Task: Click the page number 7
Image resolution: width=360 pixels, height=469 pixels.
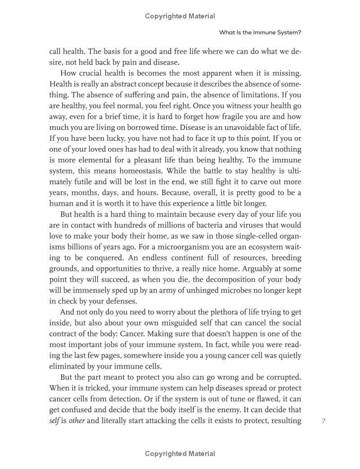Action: (x=324, y=421)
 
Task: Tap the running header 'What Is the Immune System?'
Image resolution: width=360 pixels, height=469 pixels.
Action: (x=260, y=32)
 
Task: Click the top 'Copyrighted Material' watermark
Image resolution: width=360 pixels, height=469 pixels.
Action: (x=180, y=16)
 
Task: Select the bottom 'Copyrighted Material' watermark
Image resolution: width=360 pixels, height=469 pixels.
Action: (x=180, y=454)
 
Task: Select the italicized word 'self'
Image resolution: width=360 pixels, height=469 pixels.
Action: (x=54, y=421)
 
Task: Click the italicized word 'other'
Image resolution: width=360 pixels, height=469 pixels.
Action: (x=76, y=421)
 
